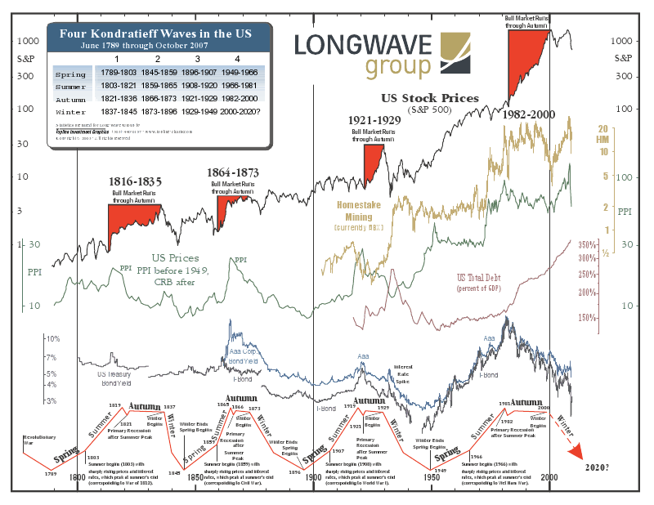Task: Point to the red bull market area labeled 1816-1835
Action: click(131, 216)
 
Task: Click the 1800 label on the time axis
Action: click(78, 477)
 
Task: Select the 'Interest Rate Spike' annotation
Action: click(404, 374)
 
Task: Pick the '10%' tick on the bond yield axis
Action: click(52, 338)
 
